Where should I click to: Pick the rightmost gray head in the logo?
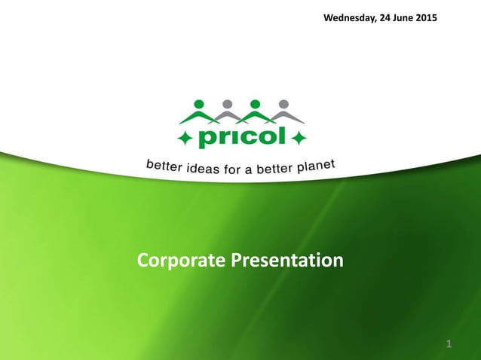(283, 103)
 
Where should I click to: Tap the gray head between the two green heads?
(227, 103)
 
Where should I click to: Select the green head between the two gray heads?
(255, 103)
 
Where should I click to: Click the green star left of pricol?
(185, 139)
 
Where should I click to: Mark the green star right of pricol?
(299, 139)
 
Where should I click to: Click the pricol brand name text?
(241, 139)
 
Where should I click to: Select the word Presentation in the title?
(286, 261)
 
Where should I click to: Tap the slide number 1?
(449, 344)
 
